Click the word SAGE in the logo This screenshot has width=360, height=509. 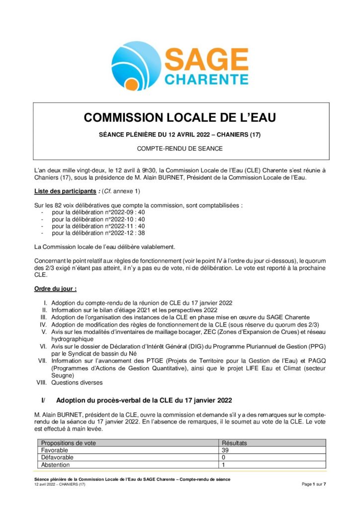(x=206, y=61)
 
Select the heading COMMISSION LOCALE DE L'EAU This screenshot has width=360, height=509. (x=180, y=118)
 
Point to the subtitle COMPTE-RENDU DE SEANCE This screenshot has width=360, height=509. (x=180, y=148)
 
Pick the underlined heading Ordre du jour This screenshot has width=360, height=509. (x=55, y=288)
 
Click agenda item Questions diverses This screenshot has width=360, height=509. (x=77, y=383)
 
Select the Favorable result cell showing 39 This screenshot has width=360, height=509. (x=225, y=450)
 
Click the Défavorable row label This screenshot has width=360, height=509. (x=57, y=457)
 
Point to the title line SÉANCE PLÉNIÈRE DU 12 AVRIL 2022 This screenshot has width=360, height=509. (x=180, y=135)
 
